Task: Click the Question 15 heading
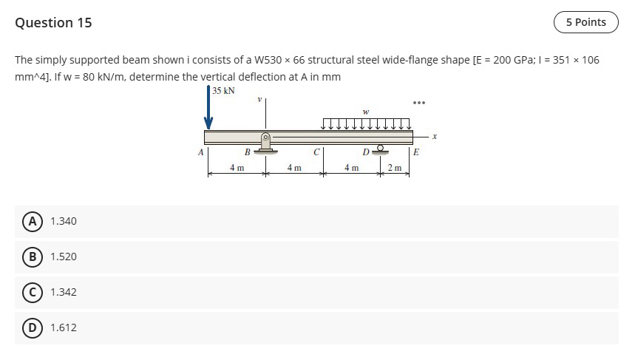tap(53, 22)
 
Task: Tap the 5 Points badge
tap(585, 22)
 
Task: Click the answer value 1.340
tap(64, 221)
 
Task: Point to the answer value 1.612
tap(64, 327)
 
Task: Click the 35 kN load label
tap(223, 91)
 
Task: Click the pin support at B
tap(265, 143)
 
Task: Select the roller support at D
tap(381, 149)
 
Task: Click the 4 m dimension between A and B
tap(237, 169)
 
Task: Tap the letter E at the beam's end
tap(415, 153)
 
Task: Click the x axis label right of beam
tap(435, 136)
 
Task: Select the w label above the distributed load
tap(366, 112)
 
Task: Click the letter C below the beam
tap(316, 153)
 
